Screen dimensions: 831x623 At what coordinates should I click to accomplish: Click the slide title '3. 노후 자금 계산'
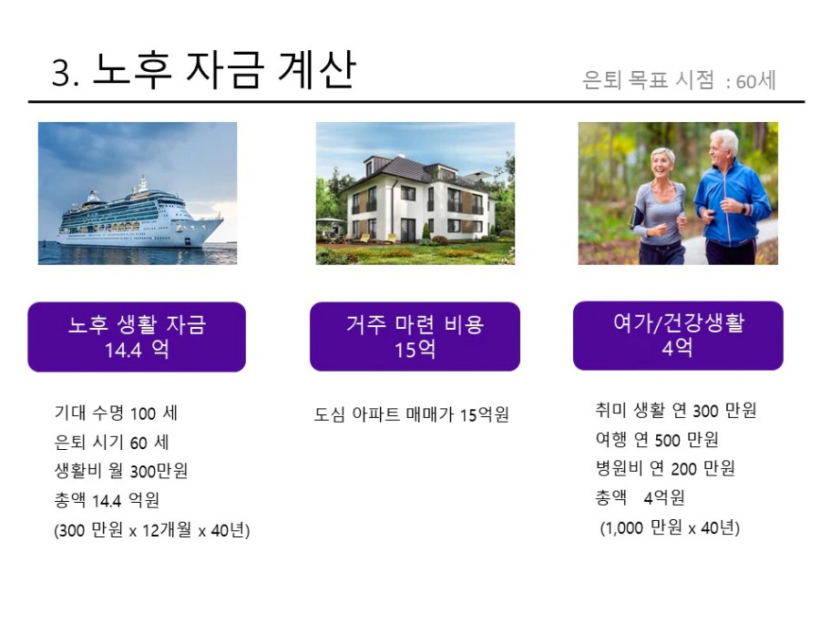204,69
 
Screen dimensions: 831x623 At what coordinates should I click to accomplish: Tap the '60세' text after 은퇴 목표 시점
755,81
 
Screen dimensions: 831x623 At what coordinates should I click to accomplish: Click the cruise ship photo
138,193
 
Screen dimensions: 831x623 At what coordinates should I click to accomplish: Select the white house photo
415,193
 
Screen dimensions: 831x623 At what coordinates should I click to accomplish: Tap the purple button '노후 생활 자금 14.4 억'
137,337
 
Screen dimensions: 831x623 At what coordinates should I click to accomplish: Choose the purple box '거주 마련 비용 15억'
415,336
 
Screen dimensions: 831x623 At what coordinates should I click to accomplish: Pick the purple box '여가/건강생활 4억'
678,335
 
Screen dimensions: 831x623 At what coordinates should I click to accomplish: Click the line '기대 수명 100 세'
116,413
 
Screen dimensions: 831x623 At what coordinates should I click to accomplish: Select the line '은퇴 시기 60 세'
112,442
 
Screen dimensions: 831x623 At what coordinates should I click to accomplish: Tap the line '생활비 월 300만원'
121,470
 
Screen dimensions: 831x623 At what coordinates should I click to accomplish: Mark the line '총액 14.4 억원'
107,499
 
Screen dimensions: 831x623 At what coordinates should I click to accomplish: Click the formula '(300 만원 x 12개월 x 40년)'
152,529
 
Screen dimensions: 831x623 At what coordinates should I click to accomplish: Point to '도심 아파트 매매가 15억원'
411,414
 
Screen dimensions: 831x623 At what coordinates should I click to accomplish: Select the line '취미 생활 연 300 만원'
676,410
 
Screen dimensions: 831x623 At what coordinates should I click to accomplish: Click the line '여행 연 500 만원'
657,439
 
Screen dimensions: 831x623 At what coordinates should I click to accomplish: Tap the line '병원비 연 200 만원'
665,468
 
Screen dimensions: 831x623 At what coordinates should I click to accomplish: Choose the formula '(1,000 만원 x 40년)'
670,527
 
